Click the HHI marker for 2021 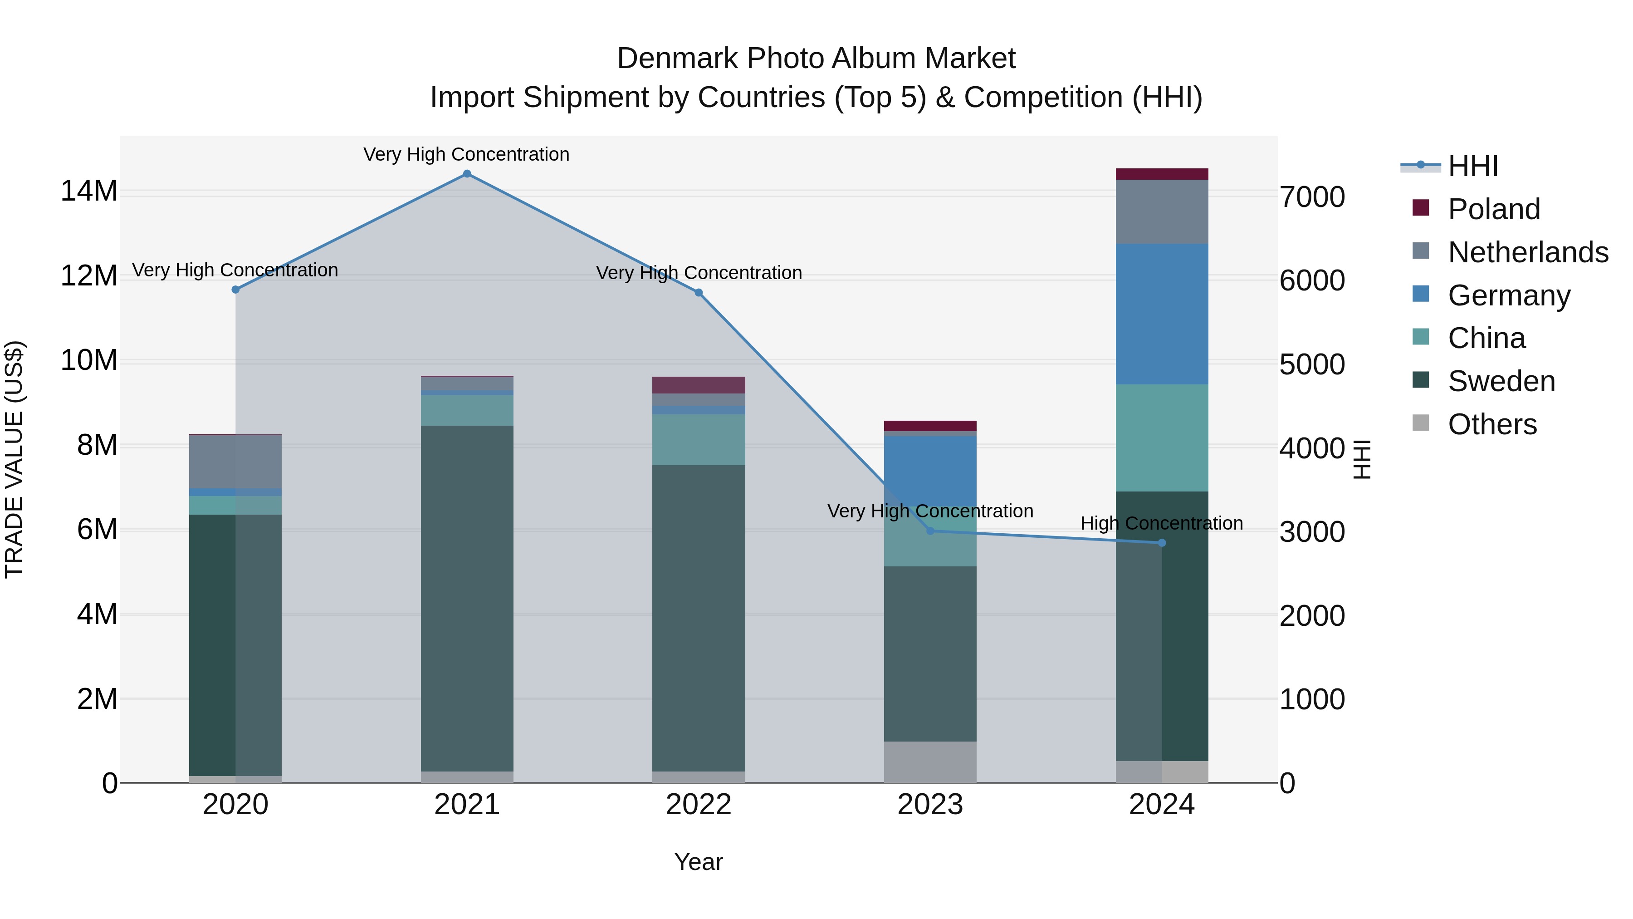pos(467,174)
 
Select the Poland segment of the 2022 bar pos(699,385)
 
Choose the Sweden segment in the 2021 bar pos(467,598)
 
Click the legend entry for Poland pos(1494,209)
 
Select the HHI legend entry pos(1472,166)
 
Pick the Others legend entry pos(1492,424)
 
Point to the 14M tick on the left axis pos(89,191)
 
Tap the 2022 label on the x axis pos(699,805)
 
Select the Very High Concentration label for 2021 pos(467,154)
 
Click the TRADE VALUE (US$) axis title pos(14,459)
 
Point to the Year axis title pos(699,862)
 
